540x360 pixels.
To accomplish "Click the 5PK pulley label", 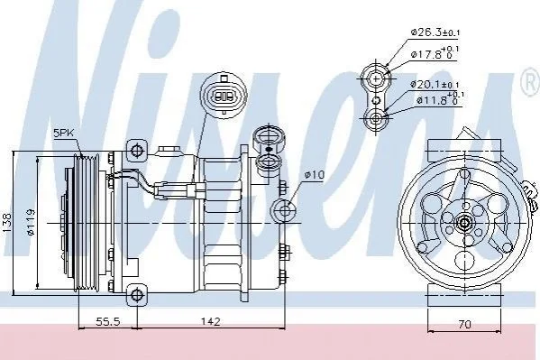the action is (64, 134).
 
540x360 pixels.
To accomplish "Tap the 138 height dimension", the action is (8, 224).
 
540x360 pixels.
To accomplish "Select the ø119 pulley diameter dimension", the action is (32, 222).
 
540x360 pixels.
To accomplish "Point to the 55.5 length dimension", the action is (107, 322).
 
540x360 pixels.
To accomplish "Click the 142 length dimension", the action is (210, 322).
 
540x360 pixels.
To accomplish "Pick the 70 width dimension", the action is (464, 324).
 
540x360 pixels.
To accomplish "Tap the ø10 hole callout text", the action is (314, 175).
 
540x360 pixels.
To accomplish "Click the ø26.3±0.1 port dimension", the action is (435, 32).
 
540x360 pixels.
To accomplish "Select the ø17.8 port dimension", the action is (435, 52).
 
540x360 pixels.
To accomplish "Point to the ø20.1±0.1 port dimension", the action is (435, 84).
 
